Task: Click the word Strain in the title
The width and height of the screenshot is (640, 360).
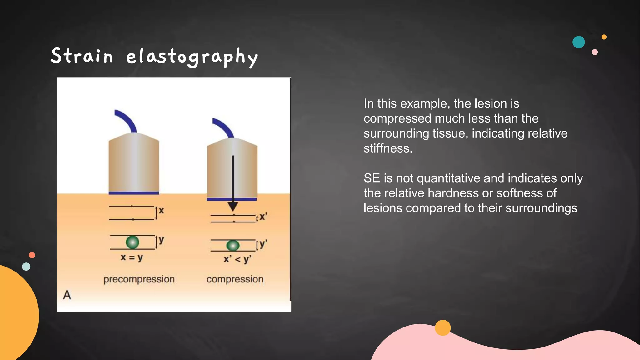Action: (x=82, y=56)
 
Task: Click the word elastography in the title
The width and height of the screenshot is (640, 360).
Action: (x=192, y=57)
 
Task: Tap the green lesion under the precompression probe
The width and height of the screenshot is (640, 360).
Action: (x=132, y=242)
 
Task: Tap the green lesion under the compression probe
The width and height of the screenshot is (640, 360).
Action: (x=233, y=246)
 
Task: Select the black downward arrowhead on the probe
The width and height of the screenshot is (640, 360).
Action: (x=233, y=206)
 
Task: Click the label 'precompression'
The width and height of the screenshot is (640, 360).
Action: (x=139, y=279)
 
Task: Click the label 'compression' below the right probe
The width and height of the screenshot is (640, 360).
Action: (x=235, y=279)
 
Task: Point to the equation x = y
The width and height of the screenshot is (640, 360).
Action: (x=132, y=257)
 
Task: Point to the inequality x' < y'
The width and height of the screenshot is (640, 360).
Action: (x=237, y=259)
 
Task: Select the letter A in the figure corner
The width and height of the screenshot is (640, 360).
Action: (x=67, y=295)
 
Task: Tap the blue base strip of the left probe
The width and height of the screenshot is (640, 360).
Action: (x=134, y=193)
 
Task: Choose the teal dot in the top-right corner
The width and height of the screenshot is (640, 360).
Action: (x=578, y=42)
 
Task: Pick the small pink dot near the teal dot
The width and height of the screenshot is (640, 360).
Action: (x=595, y=52)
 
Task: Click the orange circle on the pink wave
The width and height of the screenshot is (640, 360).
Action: (x=442, y=328)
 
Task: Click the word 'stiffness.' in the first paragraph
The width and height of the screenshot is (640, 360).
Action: (x=388, y=148)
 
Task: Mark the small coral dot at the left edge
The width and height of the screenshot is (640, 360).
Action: (x=32, y=255)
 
